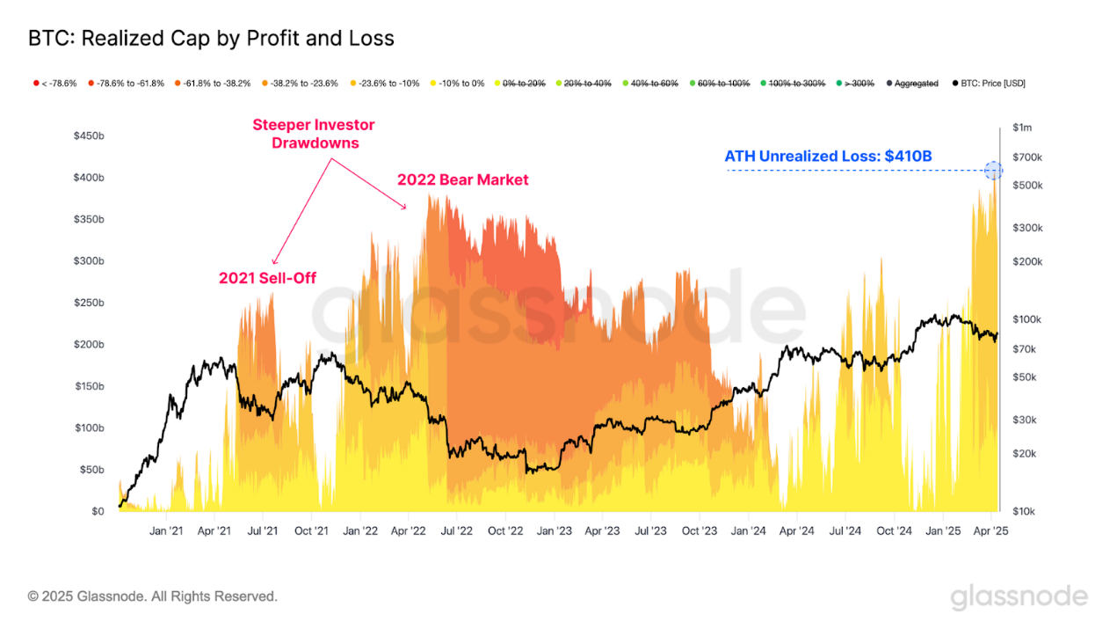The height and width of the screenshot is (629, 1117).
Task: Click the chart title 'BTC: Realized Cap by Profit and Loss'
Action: pos(211,39)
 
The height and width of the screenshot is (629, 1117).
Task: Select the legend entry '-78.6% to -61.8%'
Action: pos(126,84)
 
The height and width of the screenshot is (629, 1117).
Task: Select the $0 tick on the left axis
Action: pos(98,511)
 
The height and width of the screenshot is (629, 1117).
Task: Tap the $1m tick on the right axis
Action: pos(1022,128)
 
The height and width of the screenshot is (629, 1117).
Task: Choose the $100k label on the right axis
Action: pos(1026,319)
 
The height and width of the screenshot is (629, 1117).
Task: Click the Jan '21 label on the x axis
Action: pos(166,531)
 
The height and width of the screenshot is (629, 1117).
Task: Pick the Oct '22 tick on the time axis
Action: pos(505,531)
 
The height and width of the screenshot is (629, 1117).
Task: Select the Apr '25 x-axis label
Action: pos(990,531)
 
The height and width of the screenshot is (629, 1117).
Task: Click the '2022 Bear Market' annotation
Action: pos(463,179)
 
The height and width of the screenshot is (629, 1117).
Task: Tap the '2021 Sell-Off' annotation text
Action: pos(267,278)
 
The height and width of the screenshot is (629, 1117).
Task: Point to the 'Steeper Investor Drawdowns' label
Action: pos(314,134)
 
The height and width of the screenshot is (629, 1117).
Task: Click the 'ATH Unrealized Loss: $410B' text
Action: pos(828,157)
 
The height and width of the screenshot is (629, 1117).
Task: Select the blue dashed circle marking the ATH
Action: pos(993,171)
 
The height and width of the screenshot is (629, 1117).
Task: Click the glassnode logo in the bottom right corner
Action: pos(1019,597)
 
